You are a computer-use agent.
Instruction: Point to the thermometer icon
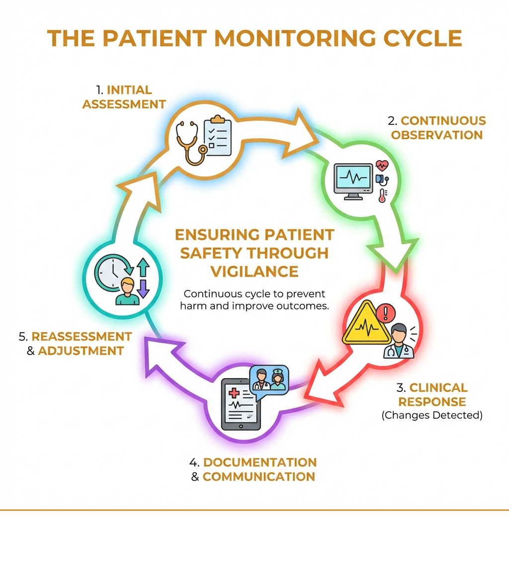[x=382, y=195]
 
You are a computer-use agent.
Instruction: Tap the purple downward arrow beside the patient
[x=143, y=288]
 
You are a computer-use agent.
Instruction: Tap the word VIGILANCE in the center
[x=254, y=271]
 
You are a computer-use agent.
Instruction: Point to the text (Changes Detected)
[x=432, y=415]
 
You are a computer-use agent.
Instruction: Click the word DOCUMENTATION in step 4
[x=259, y=462]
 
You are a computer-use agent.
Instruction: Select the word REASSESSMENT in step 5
[x=82, y=336]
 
